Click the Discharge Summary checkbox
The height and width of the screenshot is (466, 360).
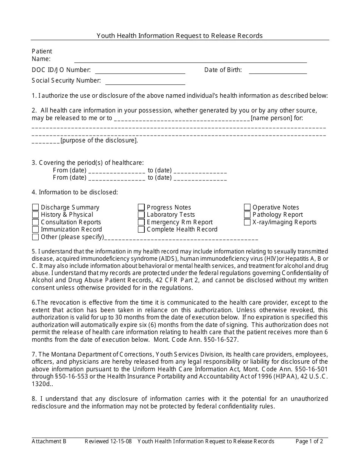click(35, 207)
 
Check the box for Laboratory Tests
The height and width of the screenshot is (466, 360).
click(141, 215)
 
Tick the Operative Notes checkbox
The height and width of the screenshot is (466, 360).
click(247, 207)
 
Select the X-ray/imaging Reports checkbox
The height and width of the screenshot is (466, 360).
click(247, 222)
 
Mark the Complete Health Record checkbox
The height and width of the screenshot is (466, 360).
click(141, 230)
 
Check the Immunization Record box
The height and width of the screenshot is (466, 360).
click(35, 230)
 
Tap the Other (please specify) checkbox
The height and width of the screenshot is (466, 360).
click(35, 237)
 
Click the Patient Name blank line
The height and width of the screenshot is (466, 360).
click(190, 59)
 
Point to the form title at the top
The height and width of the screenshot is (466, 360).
click(180, 36)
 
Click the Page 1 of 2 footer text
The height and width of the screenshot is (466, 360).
click(309, 441)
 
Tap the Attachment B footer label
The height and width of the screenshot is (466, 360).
click(49, 441)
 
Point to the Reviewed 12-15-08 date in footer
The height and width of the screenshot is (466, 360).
click(108, 441)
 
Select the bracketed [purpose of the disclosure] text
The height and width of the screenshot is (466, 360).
click(99, 140)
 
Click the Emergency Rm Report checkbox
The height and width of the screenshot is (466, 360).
click(141, 222)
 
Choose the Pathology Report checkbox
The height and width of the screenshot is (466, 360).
click(247, 215)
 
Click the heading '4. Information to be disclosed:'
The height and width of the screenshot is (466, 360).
click(75, 192)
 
